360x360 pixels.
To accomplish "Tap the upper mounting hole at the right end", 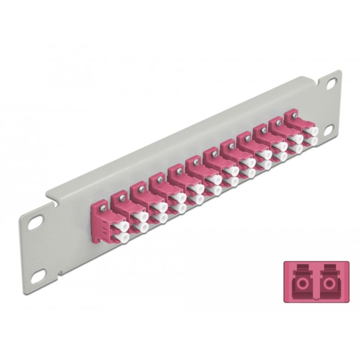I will pyautogui.click(x=331, y=82).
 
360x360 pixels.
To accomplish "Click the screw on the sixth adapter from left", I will pyautogui.click(x=197, y=159).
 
